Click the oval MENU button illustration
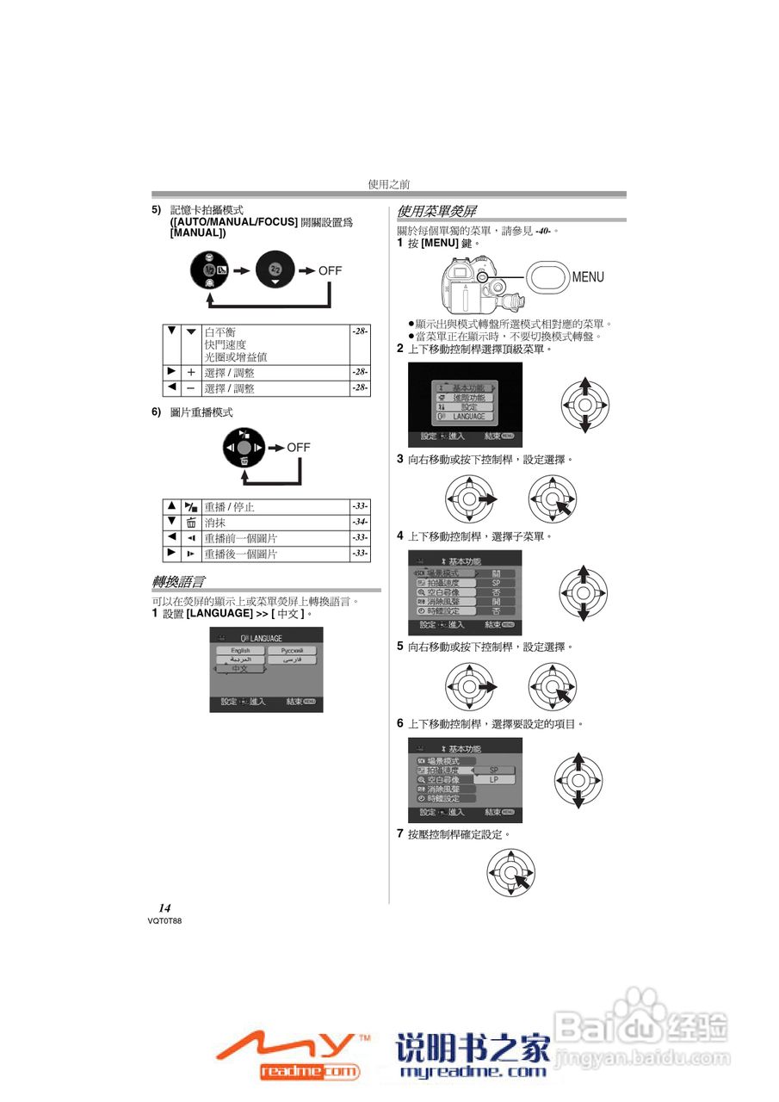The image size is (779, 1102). coord(547,276)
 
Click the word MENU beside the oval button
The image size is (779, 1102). coord(588,277)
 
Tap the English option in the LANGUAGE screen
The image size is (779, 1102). coord(240,651)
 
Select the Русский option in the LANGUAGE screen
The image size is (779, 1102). coord(291,651)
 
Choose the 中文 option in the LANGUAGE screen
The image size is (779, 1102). coord(240,669)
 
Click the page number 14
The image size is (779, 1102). coord(164,908)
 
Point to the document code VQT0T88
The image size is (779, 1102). coord(164,920)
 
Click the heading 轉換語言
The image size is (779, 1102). coord(178,583)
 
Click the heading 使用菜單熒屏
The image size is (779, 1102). coord(436,211)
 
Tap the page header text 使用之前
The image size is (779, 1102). coord(389,184)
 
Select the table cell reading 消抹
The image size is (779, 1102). coord(214,523)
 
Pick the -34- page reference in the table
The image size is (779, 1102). coord(360,522)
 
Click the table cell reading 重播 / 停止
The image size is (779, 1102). coord(229,507)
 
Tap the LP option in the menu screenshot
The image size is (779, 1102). coord(494,779)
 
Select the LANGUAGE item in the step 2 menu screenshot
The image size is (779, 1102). coord(468,417)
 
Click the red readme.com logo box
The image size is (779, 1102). coord(309,1071)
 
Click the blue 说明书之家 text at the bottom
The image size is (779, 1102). coord(473,1049)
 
